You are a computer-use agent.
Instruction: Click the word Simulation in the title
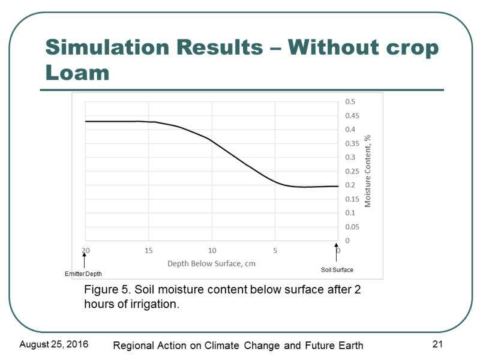point(108,47)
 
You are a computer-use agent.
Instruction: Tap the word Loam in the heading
point(77,73)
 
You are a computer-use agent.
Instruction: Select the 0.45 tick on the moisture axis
point(352,116)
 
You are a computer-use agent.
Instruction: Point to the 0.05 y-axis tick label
point(352,227)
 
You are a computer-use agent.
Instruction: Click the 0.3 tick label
point(350,157)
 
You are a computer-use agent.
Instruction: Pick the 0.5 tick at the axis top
point(350,101)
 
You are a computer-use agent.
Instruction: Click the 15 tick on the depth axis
point(148,251)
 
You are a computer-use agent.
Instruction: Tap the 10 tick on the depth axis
point(212,251)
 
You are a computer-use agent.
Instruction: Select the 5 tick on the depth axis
point(275,251)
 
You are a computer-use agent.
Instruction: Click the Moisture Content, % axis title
point(368,171)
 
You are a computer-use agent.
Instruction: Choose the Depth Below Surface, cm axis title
point(211,263)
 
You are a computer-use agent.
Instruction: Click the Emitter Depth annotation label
point(83,274)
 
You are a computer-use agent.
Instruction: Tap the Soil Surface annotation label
point(337,269)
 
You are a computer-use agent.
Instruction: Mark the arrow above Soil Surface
point(336,253)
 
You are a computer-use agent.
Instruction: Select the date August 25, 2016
point(54,344)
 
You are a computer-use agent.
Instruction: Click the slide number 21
point(437,344)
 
